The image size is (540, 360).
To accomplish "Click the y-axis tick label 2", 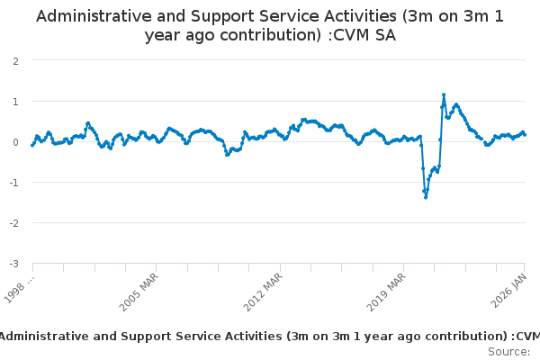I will pos(15,60).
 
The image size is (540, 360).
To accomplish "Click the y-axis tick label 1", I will pos(15,101).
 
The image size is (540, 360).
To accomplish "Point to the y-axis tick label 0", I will pos(15,141).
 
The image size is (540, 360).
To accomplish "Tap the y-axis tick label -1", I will pos(13,182).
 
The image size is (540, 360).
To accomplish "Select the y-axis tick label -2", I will pos(13,222).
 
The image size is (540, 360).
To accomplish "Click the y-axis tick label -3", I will pos(13,263).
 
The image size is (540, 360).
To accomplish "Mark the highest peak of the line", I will pos(444,94).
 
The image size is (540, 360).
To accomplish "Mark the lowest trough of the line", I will pos(426,196).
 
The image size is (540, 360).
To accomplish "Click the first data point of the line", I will pos(32,145).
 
